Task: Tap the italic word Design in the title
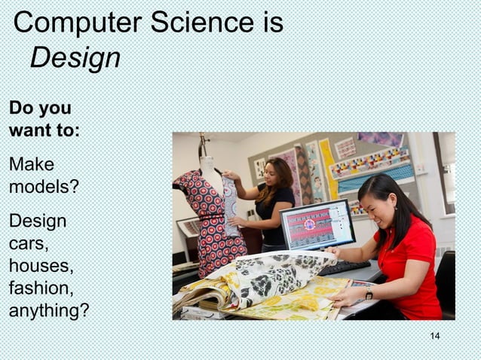coord(75,58)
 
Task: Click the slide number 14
coord(434,336)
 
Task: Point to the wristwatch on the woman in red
coord(369,294)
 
